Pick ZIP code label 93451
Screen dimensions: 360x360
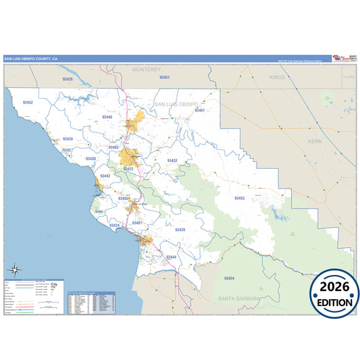click(x=163, y=78)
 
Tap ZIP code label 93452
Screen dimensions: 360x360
click(x=28, y=103)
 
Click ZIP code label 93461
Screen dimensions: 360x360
click(x=199, y=109)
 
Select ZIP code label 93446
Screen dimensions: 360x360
click(x=107, y=117)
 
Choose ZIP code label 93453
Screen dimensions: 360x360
click(x=239, y=198)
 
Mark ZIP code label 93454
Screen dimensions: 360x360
click(x=229, y=278)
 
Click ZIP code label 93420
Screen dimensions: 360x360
click(x=180, y=230)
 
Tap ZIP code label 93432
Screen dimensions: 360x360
click(x=172, y=161)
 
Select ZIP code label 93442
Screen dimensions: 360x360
click(x=105, y=176)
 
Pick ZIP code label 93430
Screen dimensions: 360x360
click(x=91, y=159)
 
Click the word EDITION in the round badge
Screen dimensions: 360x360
click(x=334, y=302)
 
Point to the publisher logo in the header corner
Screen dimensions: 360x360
click(x=344, y=58)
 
